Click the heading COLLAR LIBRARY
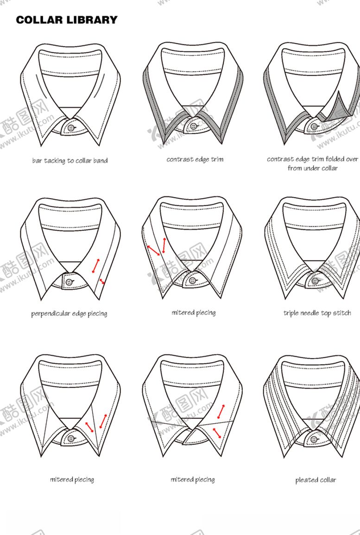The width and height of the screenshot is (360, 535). tap(67, 20)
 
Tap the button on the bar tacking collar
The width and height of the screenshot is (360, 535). tap(71, 128)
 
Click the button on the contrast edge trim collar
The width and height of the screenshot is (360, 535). tap(194, 126)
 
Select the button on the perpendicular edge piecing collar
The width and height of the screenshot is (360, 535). tap(69, 282)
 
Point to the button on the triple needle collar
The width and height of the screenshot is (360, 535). tap(314, 281)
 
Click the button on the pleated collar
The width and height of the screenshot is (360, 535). tap(314, 440)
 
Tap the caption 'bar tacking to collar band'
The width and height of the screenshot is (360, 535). tap(70, 161)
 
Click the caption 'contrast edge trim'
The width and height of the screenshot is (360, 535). tap(195, 159)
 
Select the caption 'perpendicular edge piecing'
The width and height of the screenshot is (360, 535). tap(69, 314)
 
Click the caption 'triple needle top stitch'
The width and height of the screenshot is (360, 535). tap(317, 313)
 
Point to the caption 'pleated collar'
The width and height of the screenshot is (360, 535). tap(316, 480)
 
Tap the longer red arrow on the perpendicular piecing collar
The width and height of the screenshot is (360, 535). tap(96, 266)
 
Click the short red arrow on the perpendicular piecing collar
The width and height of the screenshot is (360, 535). tap(101, 282)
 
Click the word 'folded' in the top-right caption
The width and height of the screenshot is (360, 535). tap(335, 159)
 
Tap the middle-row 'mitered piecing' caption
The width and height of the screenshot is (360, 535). tap(194, 313)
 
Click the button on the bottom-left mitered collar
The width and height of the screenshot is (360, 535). tap(71, 439)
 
